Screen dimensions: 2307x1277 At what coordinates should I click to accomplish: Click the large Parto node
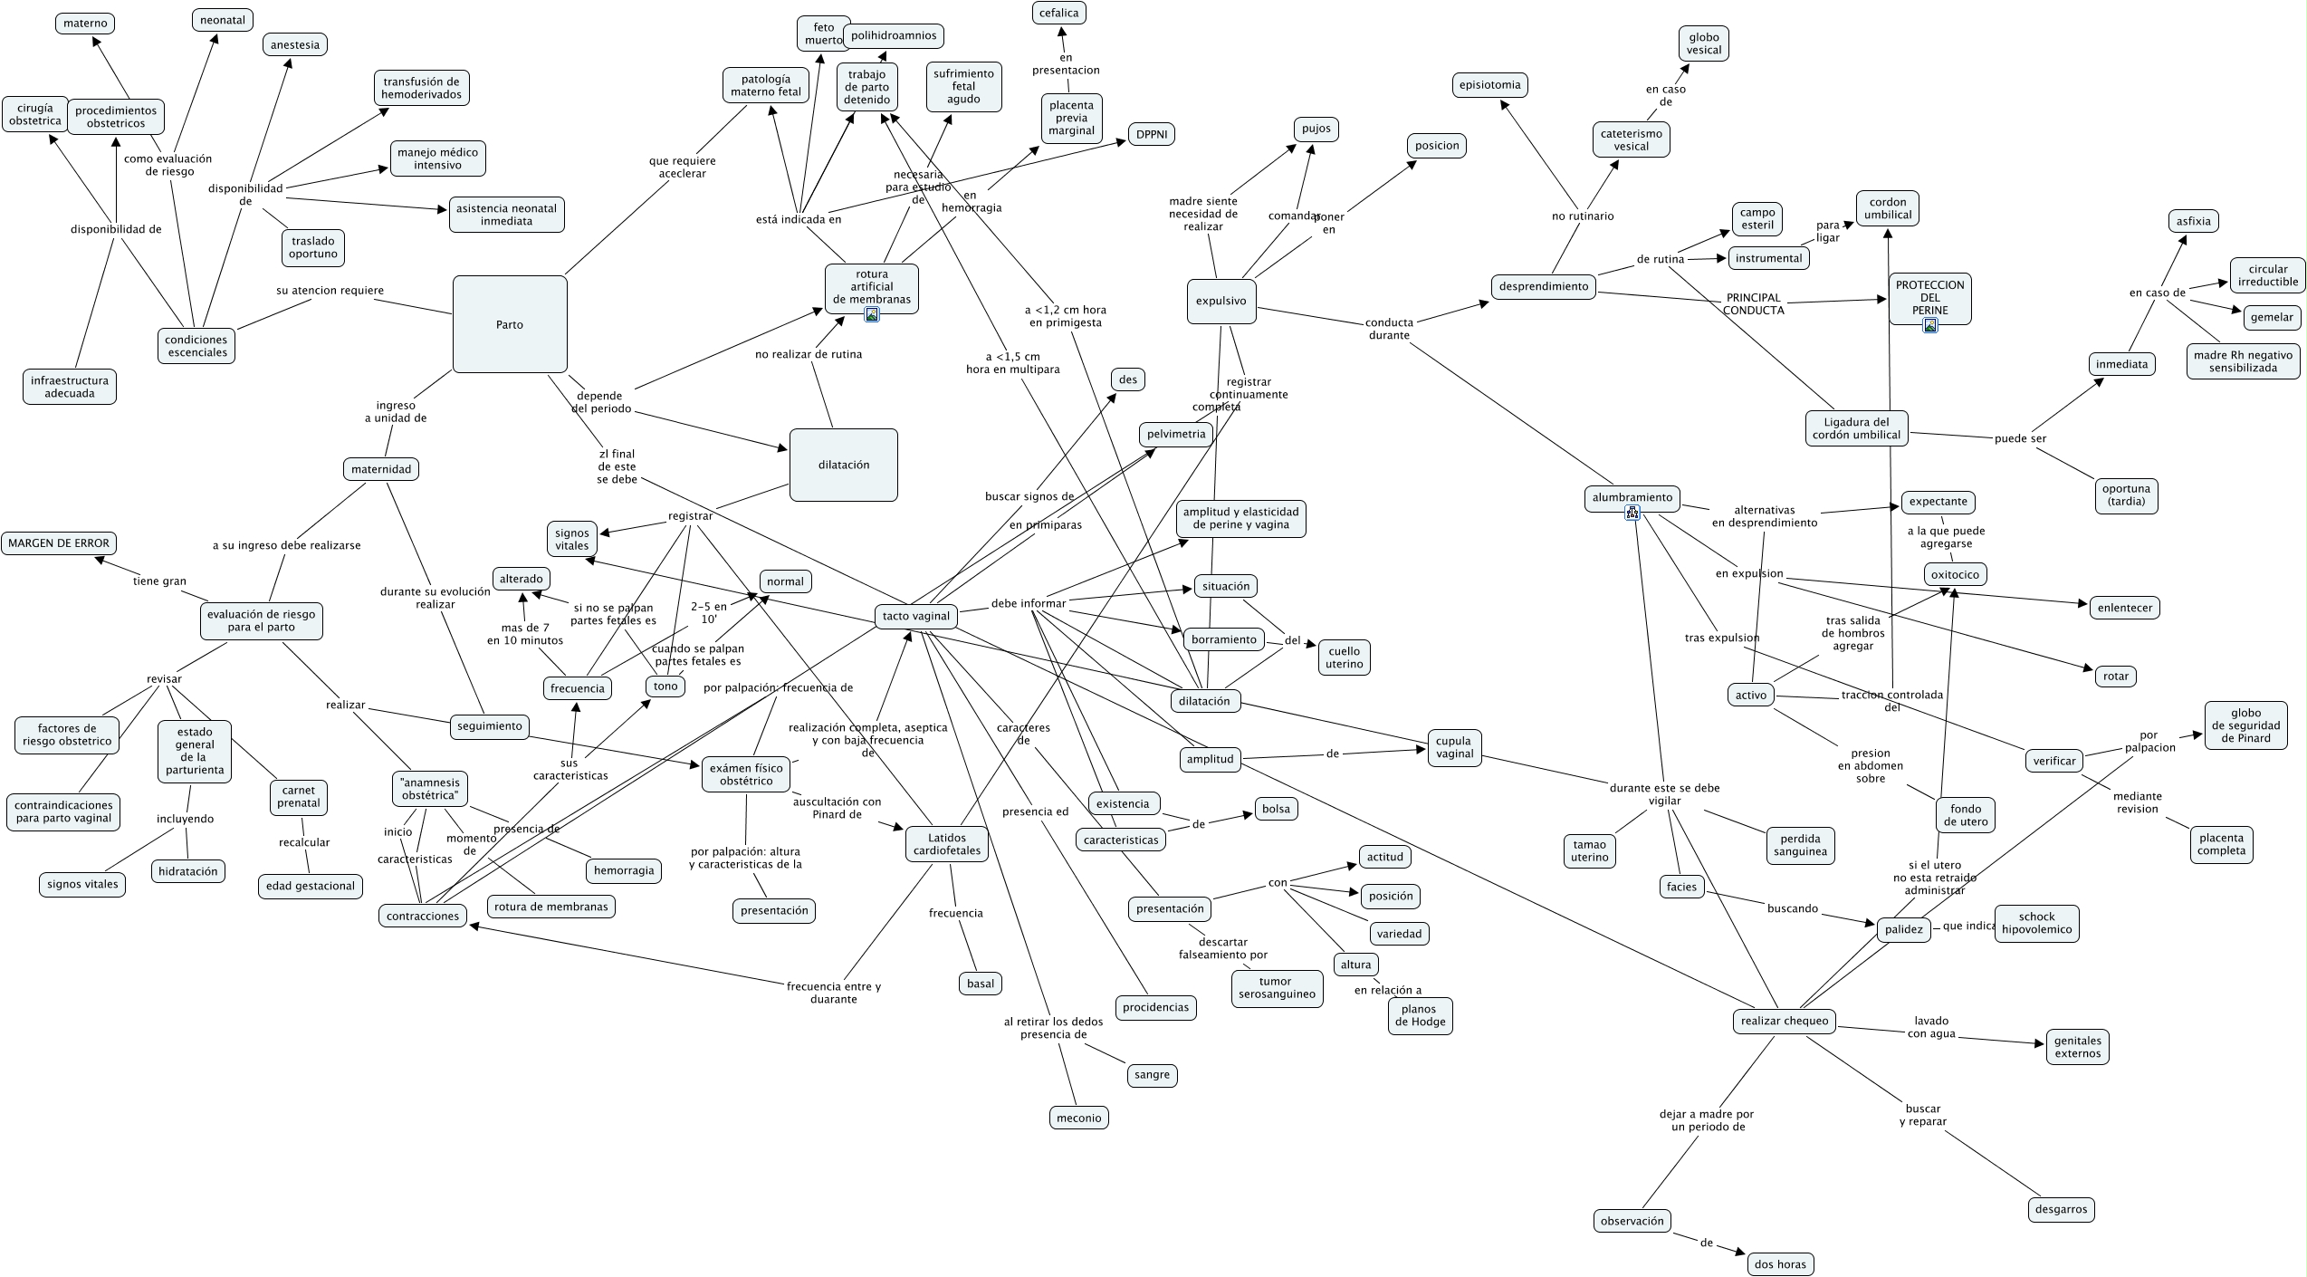tap(510, 324)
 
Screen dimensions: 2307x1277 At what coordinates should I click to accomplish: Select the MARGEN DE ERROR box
tap(59, 543)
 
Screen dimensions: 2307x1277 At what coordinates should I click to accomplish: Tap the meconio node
tap(1079, 1118)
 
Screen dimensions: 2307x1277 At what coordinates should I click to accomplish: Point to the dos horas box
tap(1780, 1264)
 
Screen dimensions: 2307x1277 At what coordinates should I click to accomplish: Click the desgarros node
tap(2061, 1209)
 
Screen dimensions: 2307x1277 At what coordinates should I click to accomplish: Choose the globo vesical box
tap(1703, 43)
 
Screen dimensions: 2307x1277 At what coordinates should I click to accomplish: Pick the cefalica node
tap(1059, 13)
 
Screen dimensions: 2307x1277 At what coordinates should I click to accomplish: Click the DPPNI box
tap(1152, 134)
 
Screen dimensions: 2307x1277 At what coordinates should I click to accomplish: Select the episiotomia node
tap(1490, 85)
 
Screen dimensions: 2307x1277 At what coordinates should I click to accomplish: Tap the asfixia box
tap(2194, 221)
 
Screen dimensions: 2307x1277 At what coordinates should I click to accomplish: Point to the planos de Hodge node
tap(1419, 1015)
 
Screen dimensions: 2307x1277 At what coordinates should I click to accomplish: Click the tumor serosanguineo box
tap(1277, 987)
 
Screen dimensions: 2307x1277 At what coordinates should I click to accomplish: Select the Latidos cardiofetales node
tap(946, 844)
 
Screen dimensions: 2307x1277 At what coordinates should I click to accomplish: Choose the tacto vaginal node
tap(916, 616)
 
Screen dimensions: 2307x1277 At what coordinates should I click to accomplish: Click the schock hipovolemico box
tap(2036, 923)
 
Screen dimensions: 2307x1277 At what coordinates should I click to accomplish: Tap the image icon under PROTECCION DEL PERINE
tap(1929, 325)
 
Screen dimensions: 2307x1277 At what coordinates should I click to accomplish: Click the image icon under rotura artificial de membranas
tap(872, 314)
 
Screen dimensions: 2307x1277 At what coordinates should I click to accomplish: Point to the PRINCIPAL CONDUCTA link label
tap(1753, 303)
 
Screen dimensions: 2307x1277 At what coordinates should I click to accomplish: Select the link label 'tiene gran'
tap(159, 581)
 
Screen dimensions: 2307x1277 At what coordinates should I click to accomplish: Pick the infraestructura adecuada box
tap(70, 387)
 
